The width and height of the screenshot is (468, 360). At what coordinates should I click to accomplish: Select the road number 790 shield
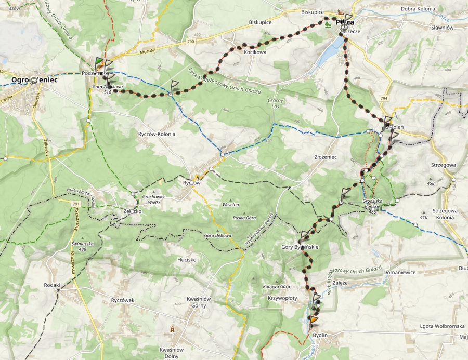tap(191, 41)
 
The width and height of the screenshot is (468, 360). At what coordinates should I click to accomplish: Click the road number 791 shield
tap(76, 204)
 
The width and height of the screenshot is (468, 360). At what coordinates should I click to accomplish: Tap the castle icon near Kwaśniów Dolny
tap(172, 330)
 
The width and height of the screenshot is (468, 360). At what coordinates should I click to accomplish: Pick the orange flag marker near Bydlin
tap(315, 319)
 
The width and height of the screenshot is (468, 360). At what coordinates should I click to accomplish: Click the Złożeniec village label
tap(326, 156)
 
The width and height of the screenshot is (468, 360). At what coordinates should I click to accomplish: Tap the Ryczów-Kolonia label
tap(157, 134)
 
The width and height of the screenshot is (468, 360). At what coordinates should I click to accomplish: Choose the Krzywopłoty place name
tap(282, 298)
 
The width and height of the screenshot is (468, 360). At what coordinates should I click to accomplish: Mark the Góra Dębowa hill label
tap(218, 236)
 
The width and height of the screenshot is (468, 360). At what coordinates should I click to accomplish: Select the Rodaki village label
tap(52, 285)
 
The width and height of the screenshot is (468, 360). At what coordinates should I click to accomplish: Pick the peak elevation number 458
tap(431, 183)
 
